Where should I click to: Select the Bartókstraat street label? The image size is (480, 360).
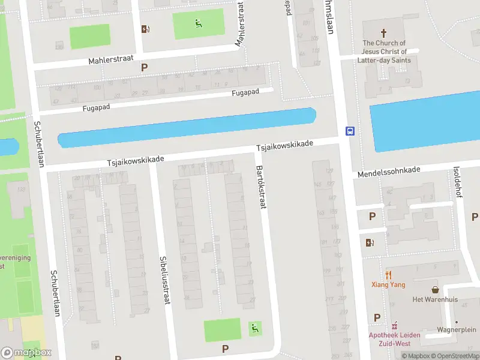tap(261, 187)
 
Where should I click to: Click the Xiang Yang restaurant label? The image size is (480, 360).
tap(388, 285)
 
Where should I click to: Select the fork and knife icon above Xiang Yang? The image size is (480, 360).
tap(388, 275)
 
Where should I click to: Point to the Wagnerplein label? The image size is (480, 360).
tap(455, 329)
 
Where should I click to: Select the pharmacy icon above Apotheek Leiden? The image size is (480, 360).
tap(394, 326)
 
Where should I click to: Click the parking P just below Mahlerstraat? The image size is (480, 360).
tap(144, 67)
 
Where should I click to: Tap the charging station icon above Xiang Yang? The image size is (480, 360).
tap(370, 242)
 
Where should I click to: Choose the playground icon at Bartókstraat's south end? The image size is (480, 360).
tap(254, 329)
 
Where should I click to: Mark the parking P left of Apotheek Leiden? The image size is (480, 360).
tap(377, 317)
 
